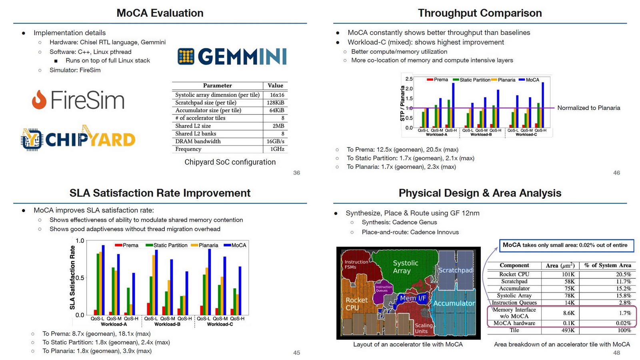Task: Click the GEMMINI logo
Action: point(232,56)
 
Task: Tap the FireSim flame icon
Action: point(39,100)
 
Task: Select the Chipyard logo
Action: point(78,138)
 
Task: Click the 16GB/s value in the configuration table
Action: point(275,141)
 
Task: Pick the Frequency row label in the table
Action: point(188,149)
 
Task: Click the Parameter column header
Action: point(217,86)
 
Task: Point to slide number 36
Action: point(296,173)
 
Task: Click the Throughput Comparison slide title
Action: point(480,13)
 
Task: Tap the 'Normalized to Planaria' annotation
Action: point(588,108)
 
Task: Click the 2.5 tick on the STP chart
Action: point(409,79)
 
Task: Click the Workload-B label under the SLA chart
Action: point(167,324)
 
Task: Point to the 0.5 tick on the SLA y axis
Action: point(80,278)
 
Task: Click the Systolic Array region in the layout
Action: point(405,267)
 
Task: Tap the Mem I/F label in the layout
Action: point(413,298)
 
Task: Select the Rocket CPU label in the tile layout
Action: point(356,304)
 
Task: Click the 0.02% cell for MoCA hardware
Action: point(623,323)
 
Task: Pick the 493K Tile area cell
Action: point(568,330)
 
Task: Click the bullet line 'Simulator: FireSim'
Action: point(75,70)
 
